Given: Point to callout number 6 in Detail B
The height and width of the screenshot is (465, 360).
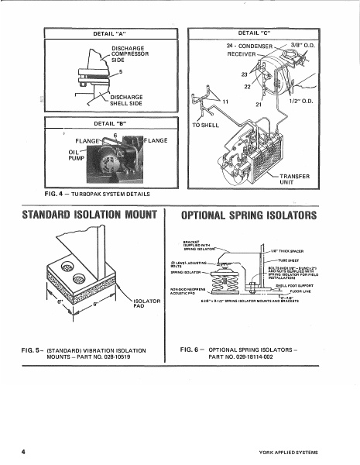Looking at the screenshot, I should coord(115,135).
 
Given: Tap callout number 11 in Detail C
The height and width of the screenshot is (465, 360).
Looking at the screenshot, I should coord(225,102).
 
